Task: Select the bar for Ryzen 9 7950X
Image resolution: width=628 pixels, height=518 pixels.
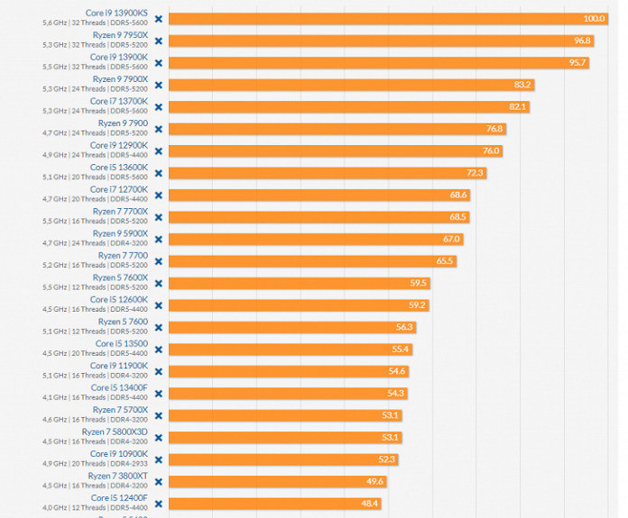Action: (x=379, y=41)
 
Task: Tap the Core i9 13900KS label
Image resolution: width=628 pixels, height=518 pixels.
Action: (x=116, y=13)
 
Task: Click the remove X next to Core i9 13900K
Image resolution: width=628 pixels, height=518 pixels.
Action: (x=159, y=63)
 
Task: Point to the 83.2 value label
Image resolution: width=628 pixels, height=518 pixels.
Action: (x=522, y=85)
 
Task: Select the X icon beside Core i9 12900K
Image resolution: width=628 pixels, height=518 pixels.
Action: (x=159, y=151)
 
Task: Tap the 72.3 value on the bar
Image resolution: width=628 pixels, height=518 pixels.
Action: (x=475, y=173)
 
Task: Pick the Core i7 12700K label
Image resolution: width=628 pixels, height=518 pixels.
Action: (x=118, y=189)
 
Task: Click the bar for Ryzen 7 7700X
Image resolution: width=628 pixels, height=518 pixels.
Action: (x=316, y=217)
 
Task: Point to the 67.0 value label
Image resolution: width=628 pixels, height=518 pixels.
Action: (x=452, y=239)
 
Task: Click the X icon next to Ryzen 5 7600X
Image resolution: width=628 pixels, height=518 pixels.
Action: (x=159, y=283)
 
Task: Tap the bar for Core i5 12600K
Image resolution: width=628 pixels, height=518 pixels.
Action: (x=298, y=305)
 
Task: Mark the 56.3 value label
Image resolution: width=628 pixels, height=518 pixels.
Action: (x=404, y=327)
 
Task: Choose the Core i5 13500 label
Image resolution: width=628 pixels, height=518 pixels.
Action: (x=121, y=343)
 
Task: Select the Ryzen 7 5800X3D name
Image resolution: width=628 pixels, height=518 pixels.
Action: (x=115, y=432)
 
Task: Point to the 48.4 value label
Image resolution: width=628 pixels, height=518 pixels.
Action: (x=369, y=504)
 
